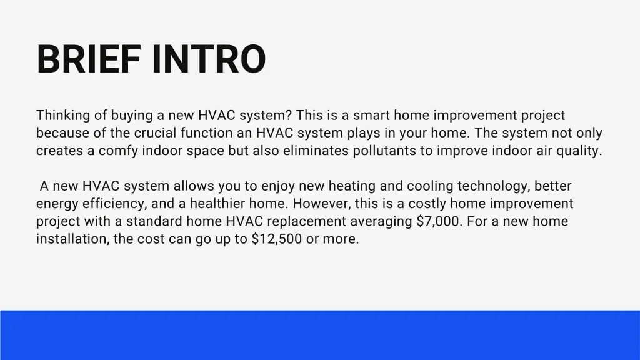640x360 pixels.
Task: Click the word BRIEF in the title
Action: (89, 59)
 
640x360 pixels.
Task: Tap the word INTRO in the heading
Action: (209, 59)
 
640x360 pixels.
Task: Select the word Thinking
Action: (63, 116)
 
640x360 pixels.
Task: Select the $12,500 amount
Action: (277, 239)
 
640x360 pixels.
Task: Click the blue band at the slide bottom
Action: (320, 335)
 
